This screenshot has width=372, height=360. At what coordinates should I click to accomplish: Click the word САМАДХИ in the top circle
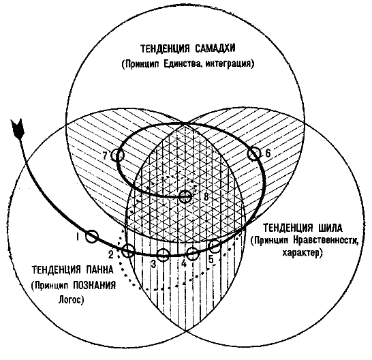pyautogui.click(x=215, y=48)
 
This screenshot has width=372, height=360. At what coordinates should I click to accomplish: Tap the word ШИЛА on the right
pyautogui.click(x=330, y=228)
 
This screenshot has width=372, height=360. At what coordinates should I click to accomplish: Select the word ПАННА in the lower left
pyautogui.click(x=99, y=270)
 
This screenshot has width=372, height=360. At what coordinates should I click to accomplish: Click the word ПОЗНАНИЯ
pyautogui.click(x=95, y=285)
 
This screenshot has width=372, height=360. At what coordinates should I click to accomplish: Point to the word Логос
pyautogui.click(x=71, y=300)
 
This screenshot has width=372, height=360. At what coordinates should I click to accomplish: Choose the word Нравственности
pyautogui.click(x=326, y=241)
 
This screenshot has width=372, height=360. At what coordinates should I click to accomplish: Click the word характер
pyautogui.click(x=302, y=253)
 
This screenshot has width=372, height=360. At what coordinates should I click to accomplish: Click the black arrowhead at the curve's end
pyautogui.click(x=17, y=128)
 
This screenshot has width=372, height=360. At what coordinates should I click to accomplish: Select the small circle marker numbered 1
pyautogui.click(x=91, y=237)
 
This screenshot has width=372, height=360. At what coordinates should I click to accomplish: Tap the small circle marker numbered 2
pyautogui.click(x=128, y=251)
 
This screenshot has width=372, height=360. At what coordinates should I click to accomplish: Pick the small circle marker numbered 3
pyautogui.click(x=164, y=255)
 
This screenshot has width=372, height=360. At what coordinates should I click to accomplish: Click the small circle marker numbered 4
pyautogui.click(x=192, y=254)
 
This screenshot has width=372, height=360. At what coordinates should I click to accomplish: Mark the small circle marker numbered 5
pyautogui.click(x=215, y=246)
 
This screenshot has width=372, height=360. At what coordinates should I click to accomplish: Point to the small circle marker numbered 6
pyautogui.click(x=254, y=153)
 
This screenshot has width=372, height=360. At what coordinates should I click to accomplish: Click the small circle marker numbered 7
pyautogui.click(x=118, y=155)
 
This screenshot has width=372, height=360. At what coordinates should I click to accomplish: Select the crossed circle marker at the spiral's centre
pyautogui.click(x=185, y=196)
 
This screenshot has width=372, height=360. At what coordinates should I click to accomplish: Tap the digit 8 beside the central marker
pyautogui.click(x=206, y=196)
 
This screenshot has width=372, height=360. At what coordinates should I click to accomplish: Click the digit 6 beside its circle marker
pyautogui.click(x=268, y=153)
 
